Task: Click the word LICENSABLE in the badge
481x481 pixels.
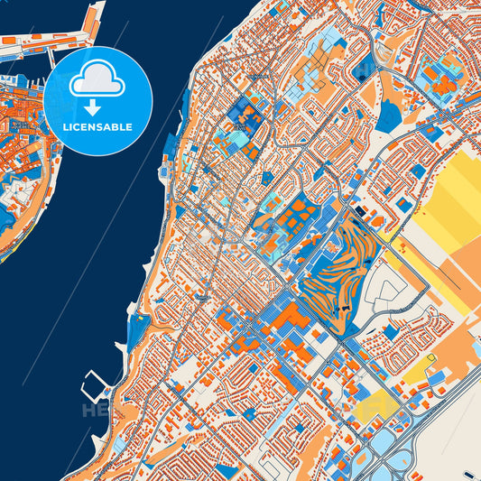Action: coord(97,127)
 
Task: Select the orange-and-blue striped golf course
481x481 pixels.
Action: coord(336,271)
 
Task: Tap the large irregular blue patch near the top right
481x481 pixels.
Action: coord(389,116)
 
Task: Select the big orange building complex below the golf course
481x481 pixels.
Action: coord(287,320)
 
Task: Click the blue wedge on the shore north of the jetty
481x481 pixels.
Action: coord(138,330)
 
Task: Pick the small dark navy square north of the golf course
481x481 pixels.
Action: coord(361,211)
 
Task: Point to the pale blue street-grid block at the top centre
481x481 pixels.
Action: coord(330,45)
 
